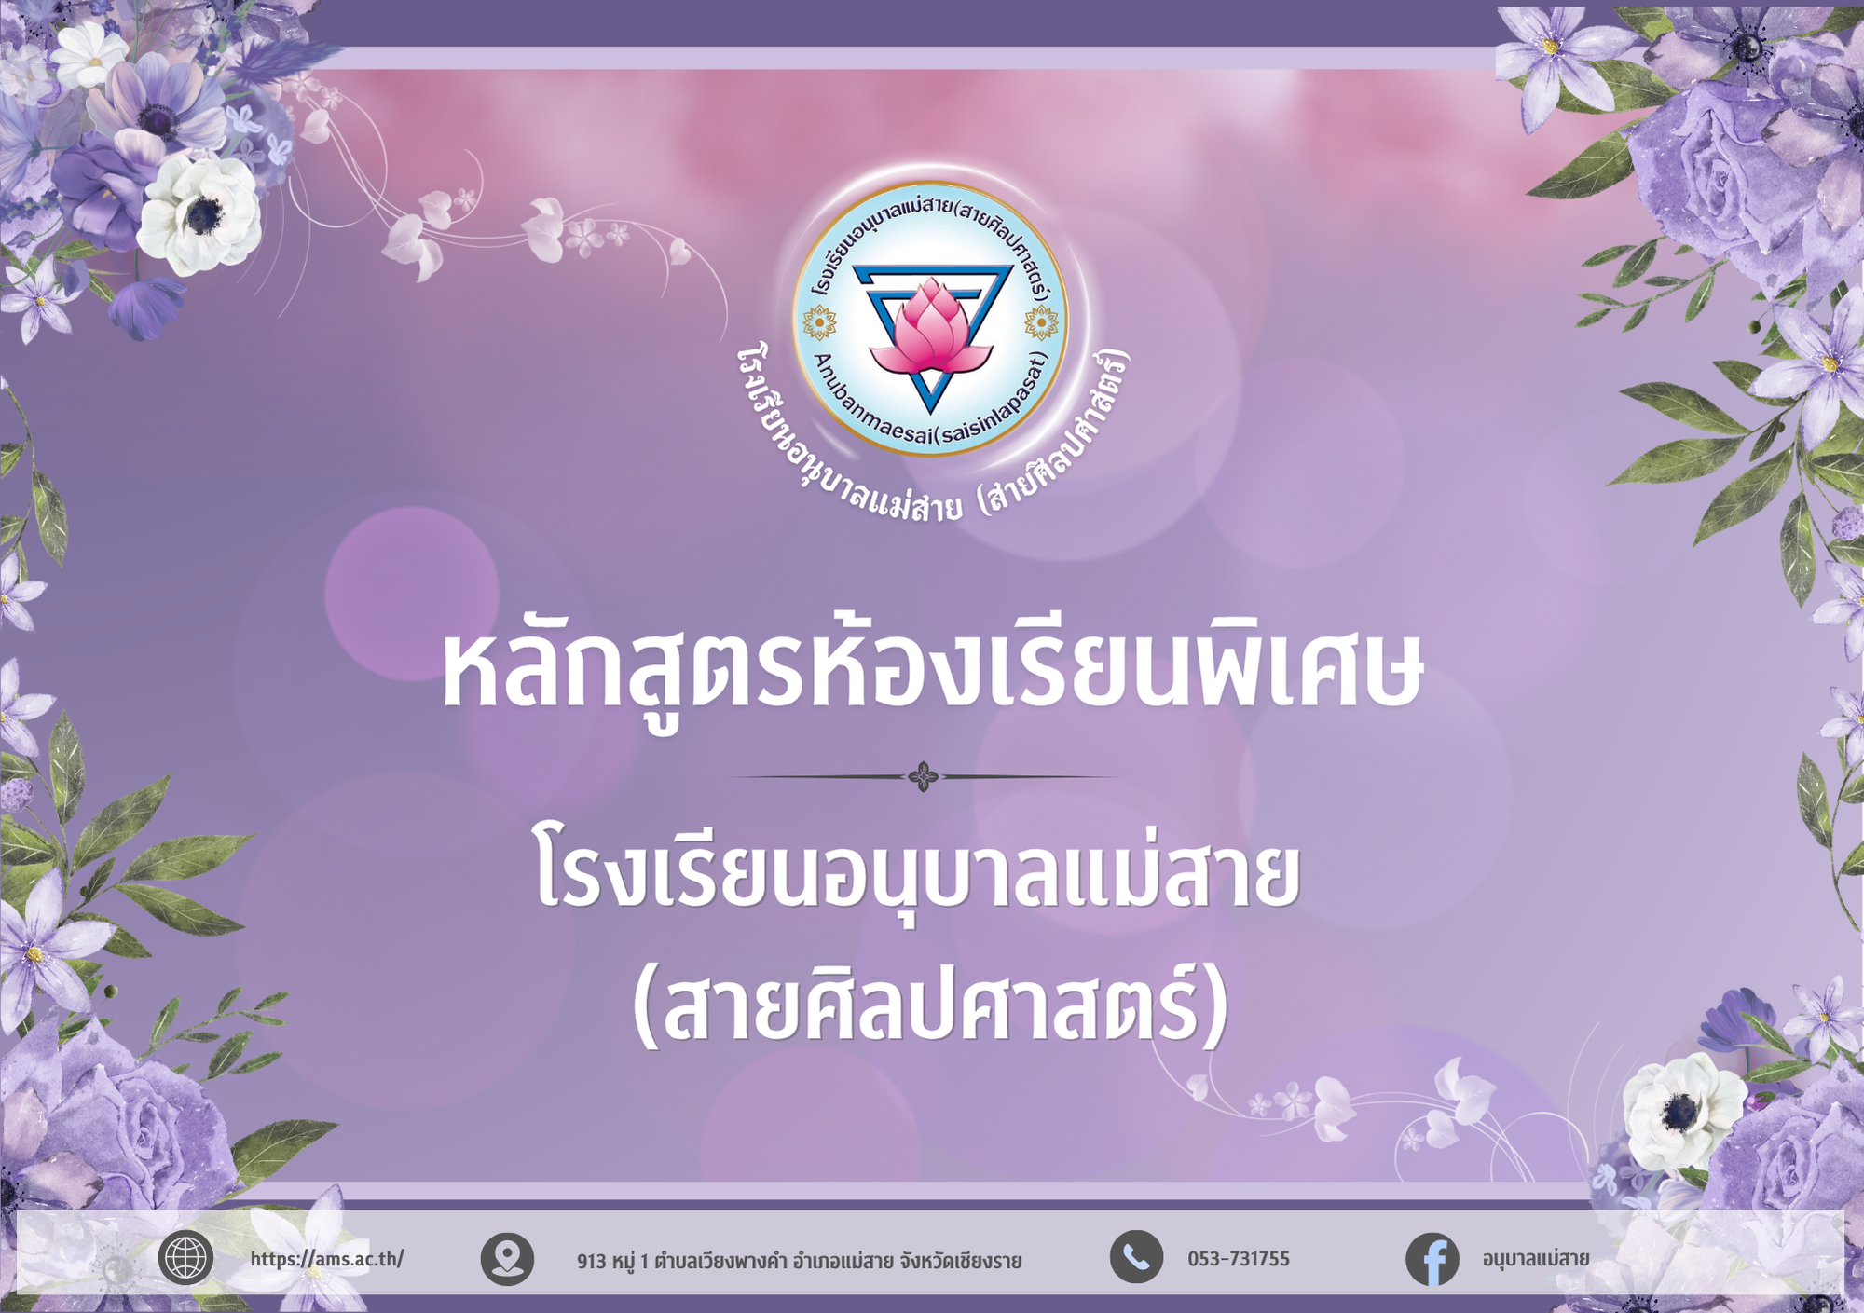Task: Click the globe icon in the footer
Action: tap(185, 1258)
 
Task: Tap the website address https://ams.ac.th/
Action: tap(327, 1259)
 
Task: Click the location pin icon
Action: tap(507, 1259)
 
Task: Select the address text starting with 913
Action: tap(799, 1261)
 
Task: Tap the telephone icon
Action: tap(1136, 1257)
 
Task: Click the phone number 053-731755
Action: tap(1239, 1259)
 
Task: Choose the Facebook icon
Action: tap(1432, 1259)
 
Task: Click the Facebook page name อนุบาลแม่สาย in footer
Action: tap(1536, 1259)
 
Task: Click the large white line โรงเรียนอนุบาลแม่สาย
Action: tap(918, 874)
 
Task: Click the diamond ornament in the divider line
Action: tap(924, 776)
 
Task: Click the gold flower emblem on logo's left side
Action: tap(819, 323)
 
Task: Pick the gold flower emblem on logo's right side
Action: tap(1041, 323)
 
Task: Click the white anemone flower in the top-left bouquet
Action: tap(199, 213)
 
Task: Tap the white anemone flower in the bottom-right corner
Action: tap(1683, 1111)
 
